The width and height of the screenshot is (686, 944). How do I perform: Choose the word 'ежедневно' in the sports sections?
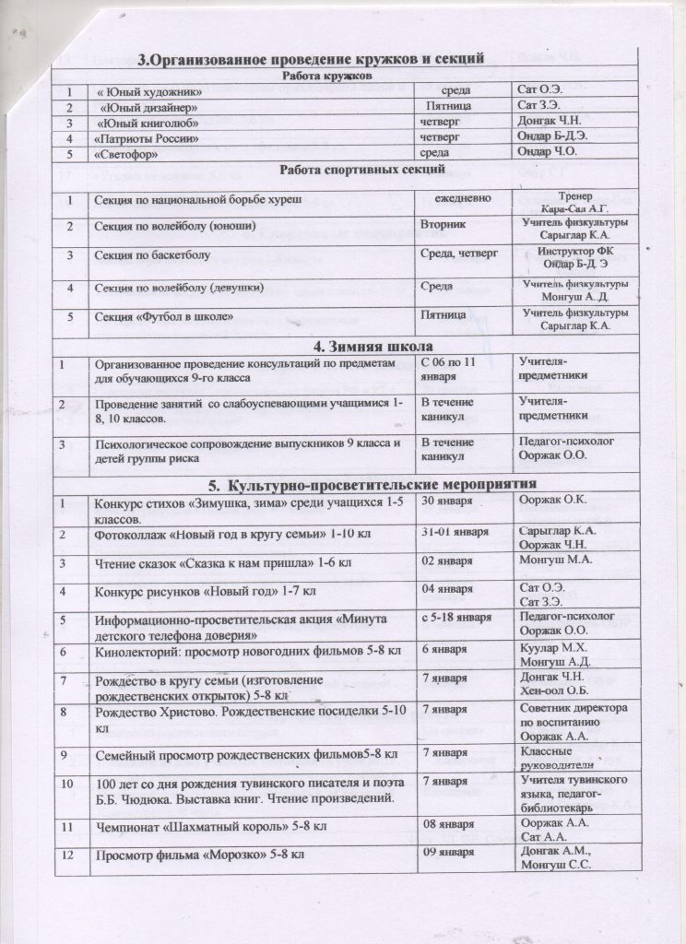[476, 199]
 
